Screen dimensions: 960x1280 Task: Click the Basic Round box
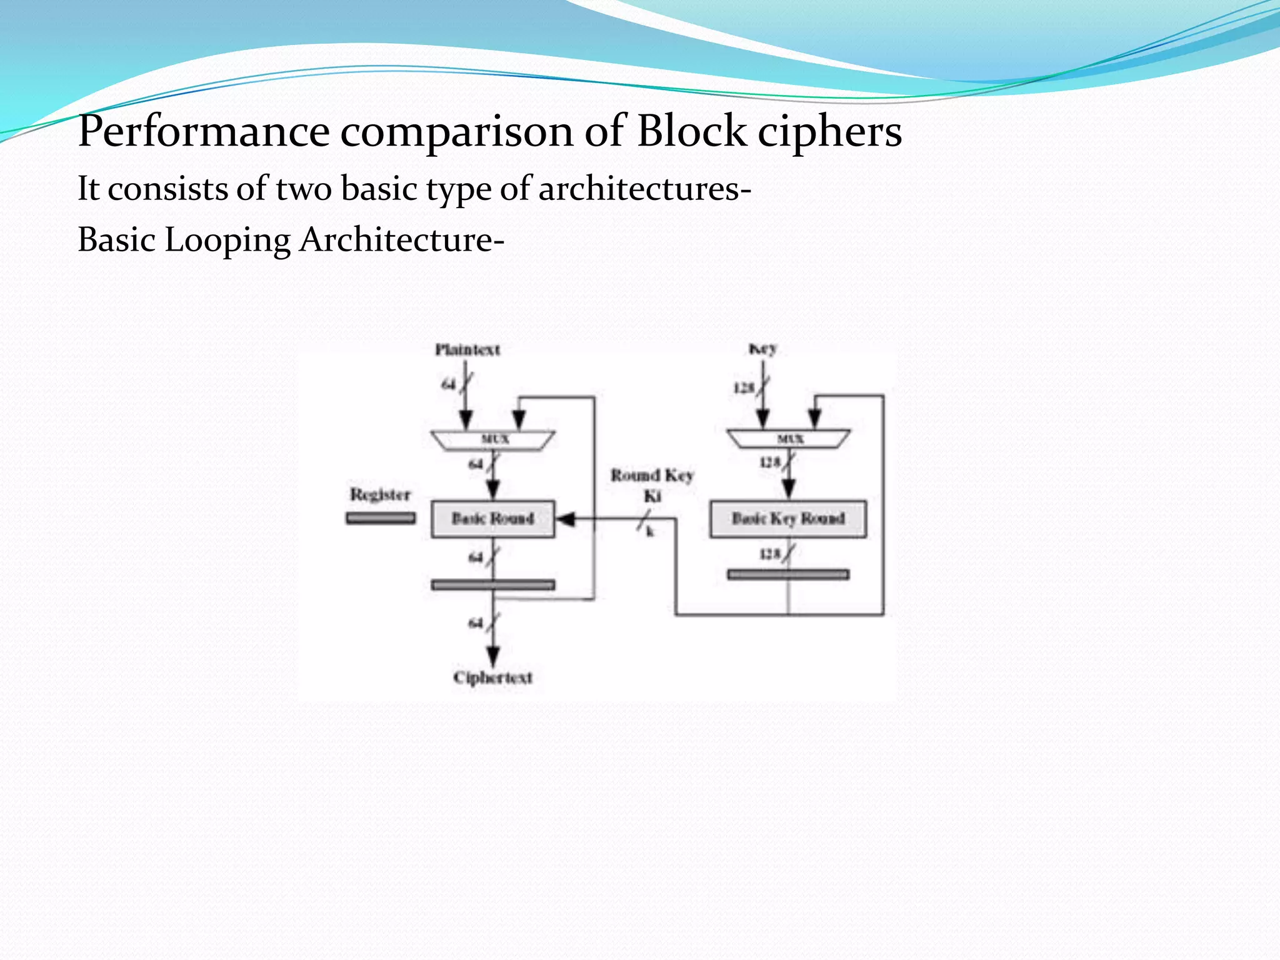coord(492,519)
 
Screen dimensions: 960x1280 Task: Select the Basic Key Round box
coord(787,519)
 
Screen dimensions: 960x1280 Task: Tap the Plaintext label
coord(467,349)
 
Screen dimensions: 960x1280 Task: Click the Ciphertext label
coord(492,677)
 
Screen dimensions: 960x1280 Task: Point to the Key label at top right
coord(762,349)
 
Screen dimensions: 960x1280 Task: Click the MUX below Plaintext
coord(493,439)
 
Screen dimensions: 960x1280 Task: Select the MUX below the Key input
coord(789,439)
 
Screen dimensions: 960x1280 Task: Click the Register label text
coord(380,494)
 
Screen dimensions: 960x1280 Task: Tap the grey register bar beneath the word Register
coord(381,518)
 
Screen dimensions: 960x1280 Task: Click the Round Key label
coord(652,476)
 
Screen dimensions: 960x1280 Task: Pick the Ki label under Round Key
coord(652,496)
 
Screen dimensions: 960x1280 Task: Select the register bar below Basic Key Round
coord(788,574)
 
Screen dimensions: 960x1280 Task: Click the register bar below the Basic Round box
coord(492,585)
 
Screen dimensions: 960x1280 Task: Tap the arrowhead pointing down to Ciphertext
coord(493,656)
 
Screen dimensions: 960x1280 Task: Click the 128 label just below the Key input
coord(744,388)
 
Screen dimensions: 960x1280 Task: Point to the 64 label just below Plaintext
coord(448,384)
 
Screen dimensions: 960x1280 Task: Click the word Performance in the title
coord(203,132)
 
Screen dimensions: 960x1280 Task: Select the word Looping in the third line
coord(227,241)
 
